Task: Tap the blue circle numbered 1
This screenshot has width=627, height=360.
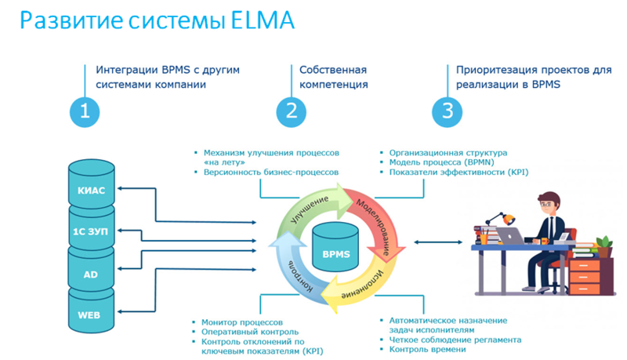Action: coord(85,111)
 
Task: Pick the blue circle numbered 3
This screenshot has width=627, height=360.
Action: coord(447,111)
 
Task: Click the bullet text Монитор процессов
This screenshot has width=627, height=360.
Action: coord(240,322)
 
